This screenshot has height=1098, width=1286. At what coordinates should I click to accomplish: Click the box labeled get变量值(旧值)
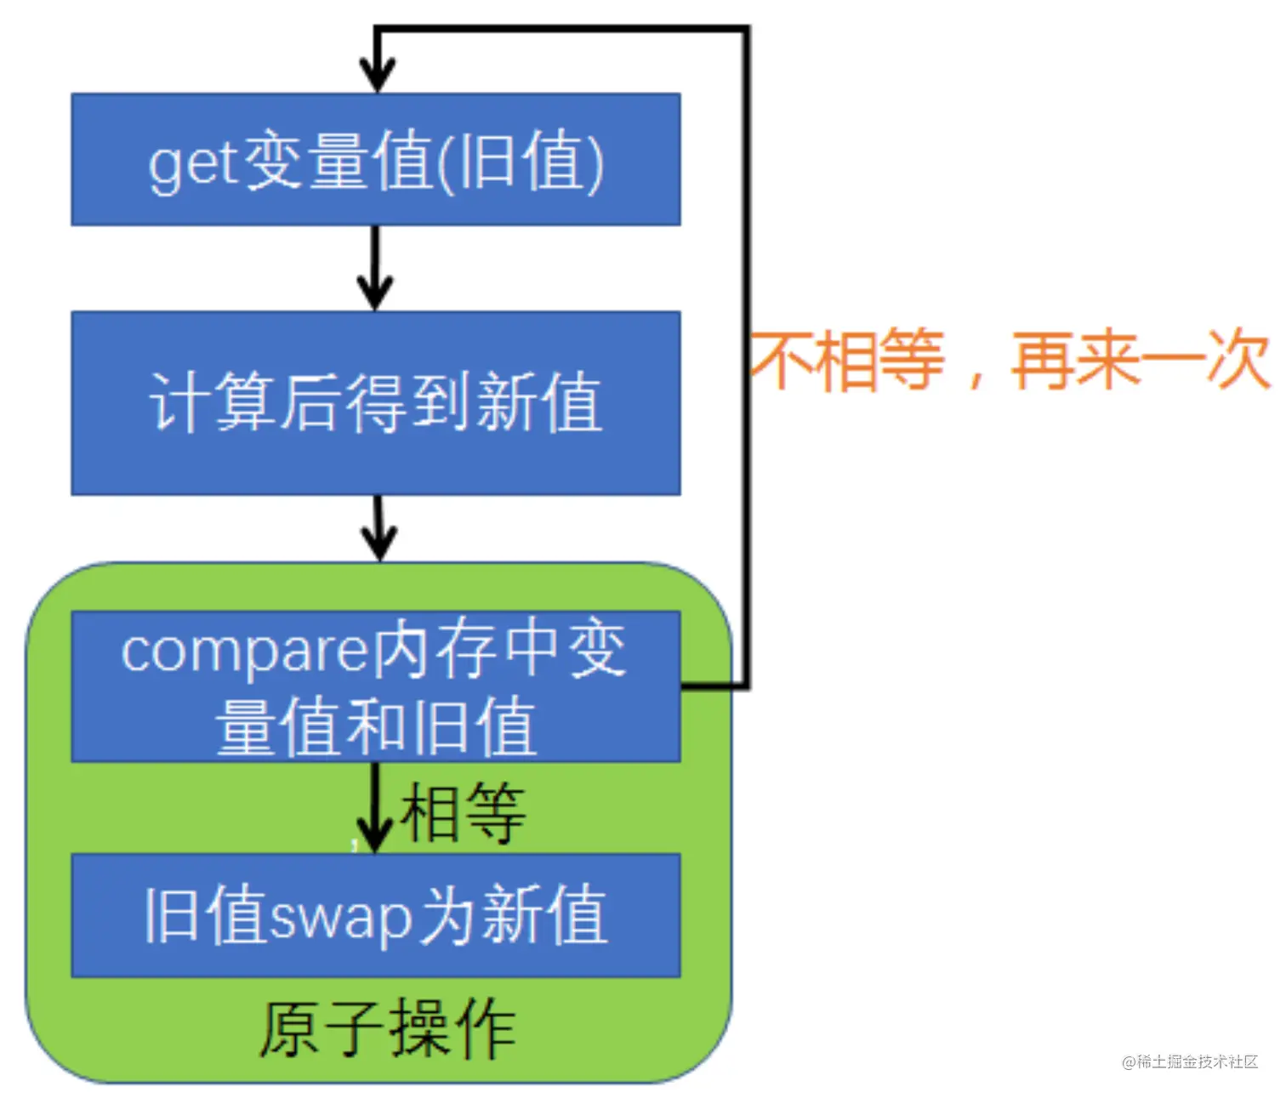tap(375, 160)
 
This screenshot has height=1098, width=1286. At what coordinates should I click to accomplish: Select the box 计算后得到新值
tap(375, 403)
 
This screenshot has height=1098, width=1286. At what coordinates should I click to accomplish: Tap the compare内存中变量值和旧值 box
tap(375, 686)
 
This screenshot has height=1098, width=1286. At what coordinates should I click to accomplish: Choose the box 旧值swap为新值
tap(375, 915)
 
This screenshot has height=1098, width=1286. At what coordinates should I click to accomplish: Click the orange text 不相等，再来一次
tap(1009, 361)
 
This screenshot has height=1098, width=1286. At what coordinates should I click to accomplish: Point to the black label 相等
tap(463, 813)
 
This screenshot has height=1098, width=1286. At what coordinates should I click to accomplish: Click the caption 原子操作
tap(387, 1029)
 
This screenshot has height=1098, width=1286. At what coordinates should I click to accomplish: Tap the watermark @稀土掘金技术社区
tap(1190, 1061)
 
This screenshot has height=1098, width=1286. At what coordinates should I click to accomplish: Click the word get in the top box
tap(192, 163)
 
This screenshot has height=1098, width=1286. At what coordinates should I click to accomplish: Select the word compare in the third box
tap(243, 652)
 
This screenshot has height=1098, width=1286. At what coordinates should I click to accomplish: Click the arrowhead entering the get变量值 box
tap(377, 75)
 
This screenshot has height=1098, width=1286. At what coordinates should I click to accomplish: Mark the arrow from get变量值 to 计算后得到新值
tap(375, 268)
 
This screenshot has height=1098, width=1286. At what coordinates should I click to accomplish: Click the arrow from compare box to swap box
tap(373, 808)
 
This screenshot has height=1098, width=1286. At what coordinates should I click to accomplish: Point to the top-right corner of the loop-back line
tap(747, 30)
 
